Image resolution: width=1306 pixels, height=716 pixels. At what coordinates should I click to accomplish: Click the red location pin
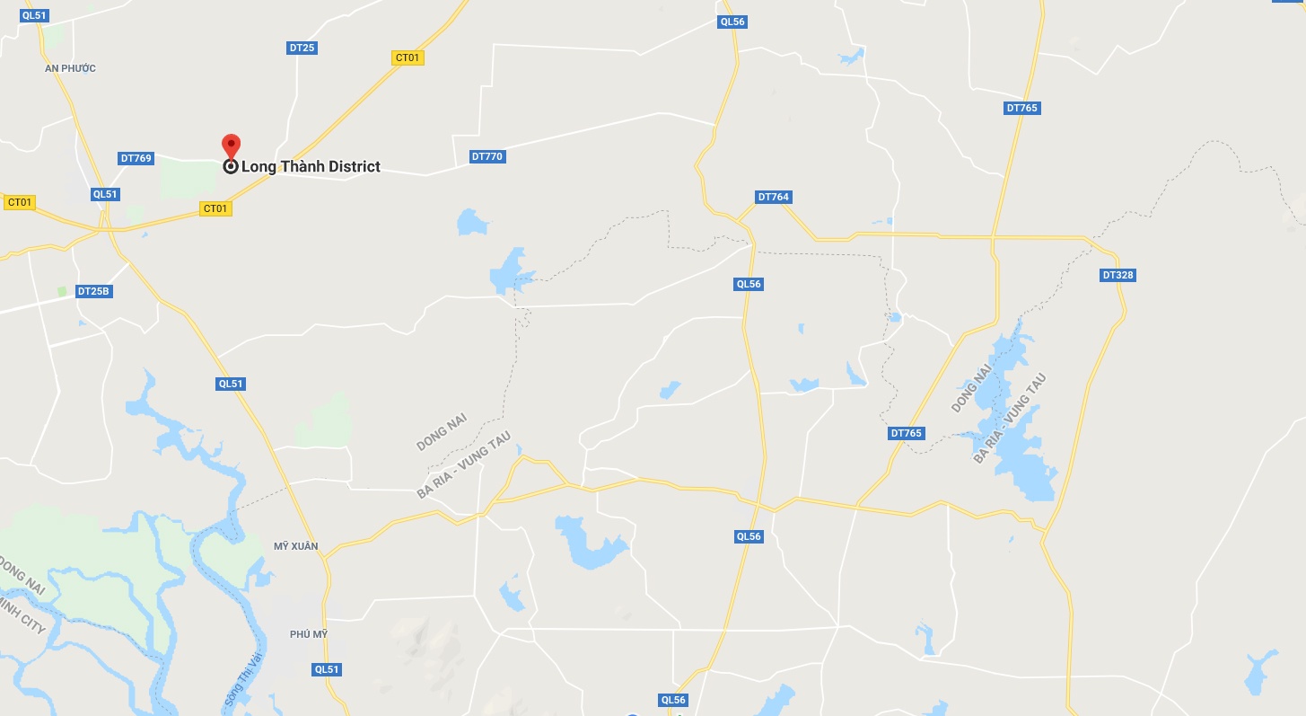pyautogui.click(x=231, y=146)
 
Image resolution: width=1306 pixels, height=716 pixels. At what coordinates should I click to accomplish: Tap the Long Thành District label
pyautogui.click(x=311, y=166)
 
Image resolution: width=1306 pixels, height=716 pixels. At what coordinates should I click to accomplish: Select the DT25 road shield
pyautogui.click(x=302, y=48)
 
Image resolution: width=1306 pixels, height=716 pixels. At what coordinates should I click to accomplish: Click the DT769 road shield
pyautogui.click(x=136, y=158)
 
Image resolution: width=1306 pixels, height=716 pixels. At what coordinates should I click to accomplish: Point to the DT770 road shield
pyautogui.click(x=487, y=156)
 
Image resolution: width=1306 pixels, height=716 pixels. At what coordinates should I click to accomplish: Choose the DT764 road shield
pyautogui.click(x=773, y=197)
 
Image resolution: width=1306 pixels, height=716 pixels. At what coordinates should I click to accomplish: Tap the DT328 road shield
pyautogui.click(x=1118, y=275)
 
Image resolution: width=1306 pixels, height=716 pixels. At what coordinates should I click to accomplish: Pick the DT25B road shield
pyautogui.click(x=93, y=291)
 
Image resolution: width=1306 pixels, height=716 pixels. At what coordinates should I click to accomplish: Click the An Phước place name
pyautogui.click(x=70, y=68)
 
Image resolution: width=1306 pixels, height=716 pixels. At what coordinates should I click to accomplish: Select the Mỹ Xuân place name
pyautogui.click(x=296, y=546)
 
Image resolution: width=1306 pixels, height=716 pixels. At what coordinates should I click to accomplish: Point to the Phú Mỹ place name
pyautogui.click(x=309, y=634)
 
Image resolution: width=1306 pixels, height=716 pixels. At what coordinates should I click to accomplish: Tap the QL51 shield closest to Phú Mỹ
pyautogui.click(x=328, y=669)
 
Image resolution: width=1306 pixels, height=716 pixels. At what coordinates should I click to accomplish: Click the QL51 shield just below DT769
pyautogui.click(x=105, y=194)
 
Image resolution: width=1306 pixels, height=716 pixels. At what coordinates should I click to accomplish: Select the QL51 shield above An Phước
pyautogui.click(x=34, y=16)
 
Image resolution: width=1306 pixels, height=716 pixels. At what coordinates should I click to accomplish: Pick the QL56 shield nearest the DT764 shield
pyautogui.click(x=749, y=284)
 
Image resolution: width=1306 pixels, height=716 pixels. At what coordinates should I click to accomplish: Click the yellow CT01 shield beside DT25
pyautogui.click(x=408, y=57)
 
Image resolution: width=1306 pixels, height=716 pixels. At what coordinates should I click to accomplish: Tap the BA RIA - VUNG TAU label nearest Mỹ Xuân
pyautogui.click(x=463, y=464)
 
